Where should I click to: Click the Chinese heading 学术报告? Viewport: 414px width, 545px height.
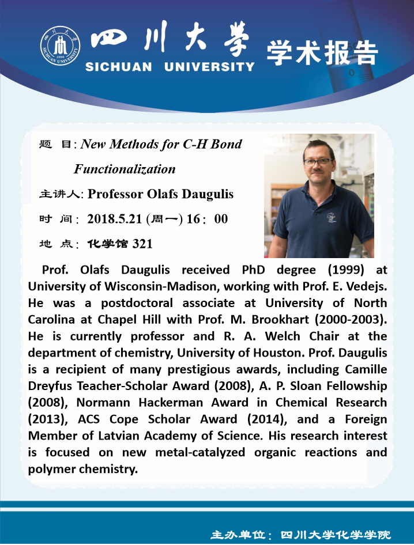pyautogui.click(x=322, y=53)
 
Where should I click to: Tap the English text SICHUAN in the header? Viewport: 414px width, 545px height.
pyautogui.click(x=119, y=67)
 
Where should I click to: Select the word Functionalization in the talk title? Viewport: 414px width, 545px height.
pyautogui.click(x=125, y=169)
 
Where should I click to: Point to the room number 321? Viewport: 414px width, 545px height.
pyautogui.click(x=142, y=244)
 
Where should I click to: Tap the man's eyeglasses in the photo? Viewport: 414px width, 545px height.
pyautogui.click(x=318, y=162)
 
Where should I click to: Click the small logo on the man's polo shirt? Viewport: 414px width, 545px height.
pyautogui.click(x=331, y=217)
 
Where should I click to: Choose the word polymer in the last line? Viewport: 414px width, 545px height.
pyautogui.click(x=52, y=469)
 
